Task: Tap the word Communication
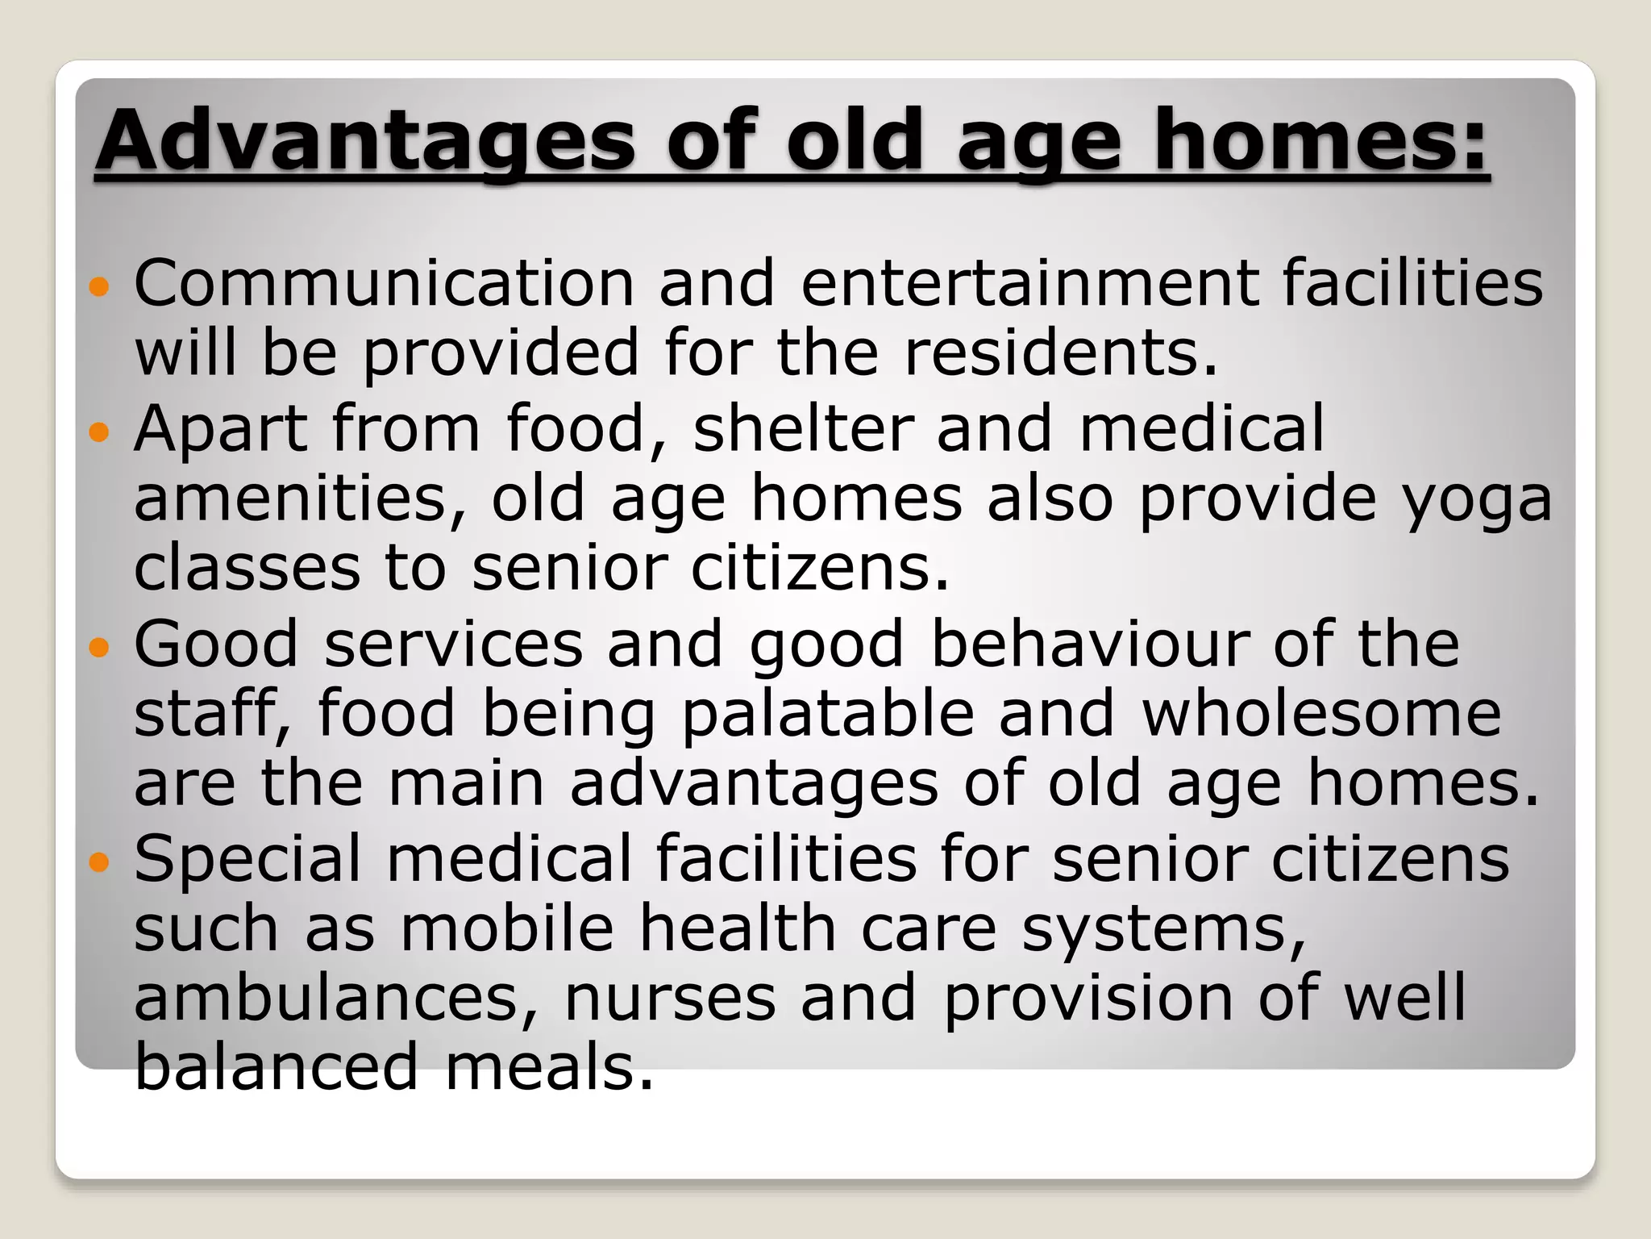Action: point(385,283)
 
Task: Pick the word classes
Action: point(247,568)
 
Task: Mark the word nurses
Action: point(669,999)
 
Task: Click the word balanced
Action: point(277,1066)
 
